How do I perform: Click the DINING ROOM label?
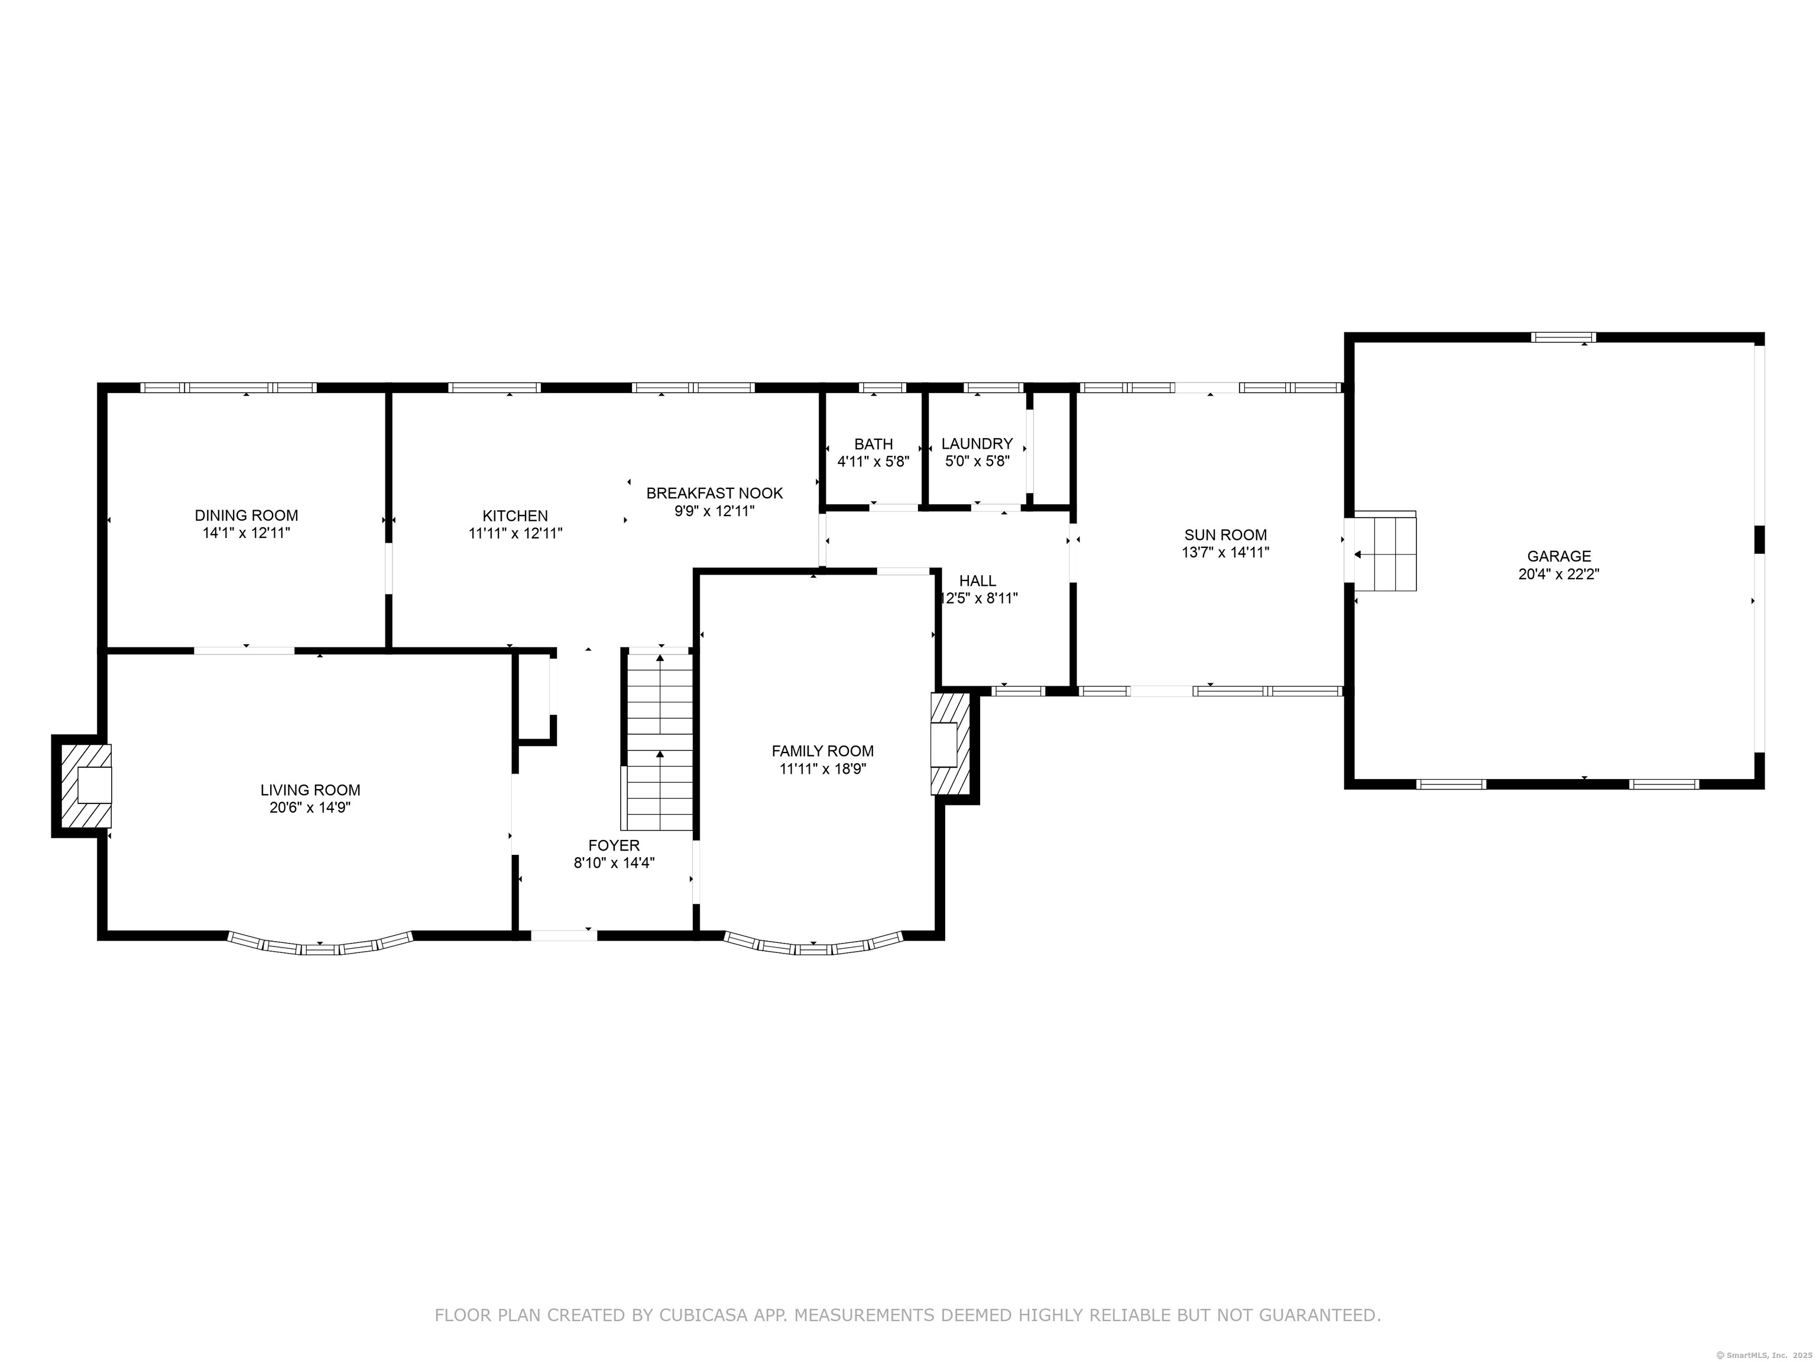[247, 515]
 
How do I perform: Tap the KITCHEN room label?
[515, 515]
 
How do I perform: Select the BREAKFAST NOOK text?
[714, 494]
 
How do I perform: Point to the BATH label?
[874, 444]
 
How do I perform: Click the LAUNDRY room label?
[977, 444]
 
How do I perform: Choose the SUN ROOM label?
[1225, 535]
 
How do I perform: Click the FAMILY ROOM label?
[823, 751]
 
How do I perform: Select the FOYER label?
[614, 845]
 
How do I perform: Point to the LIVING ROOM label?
[310, 790]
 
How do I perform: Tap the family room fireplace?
[950, 744]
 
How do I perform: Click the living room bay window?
[319, 944]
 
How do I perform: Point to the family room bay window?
[813, 944]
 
